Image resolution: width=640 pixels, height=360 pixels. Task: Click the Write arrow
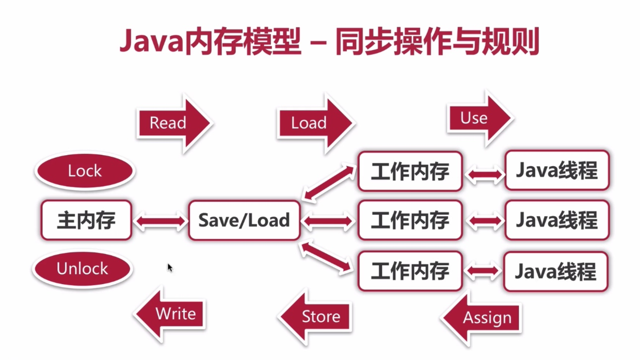(x=172, y=314)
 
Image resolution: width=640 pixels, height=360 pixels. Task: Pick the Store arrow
(x=316, y=317)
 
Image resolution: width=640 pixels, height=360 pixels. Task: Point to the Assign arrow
(x=483, y=318)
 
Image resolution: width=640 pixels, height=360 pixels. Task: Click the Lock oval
(x=85, y=171)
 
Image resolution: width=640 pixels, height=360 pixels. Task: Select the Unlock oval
(x=83, y=269)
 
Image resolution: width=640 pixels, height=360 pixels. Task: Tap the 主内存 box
(x=86, y=221)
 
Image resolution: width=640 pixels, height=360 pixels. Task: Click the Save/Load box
(x=244, y=221)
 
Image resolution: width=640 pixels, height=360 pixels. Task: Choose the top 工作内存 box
(x=410, y=171)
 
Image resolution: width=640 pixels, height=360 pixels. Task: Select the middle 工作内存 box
(x=410, y=221)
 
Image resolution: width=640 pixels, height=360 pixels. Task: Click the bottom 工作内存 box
(x=410, y=271)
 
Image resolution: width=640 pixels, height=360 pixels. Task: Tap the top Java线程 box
(x=557, y=171)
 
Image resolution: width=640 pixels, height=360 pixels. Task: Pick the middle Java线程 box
(x=557, y=221)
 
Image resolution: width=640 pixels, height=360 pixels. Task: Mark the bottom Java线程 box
(x=556, y=271)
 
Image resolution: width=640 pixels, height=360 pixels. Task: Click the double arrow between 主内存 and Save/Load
(x=160, y=221)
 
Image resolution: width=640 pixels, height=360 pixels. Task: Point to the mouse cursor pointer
(x=169, y=267)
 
